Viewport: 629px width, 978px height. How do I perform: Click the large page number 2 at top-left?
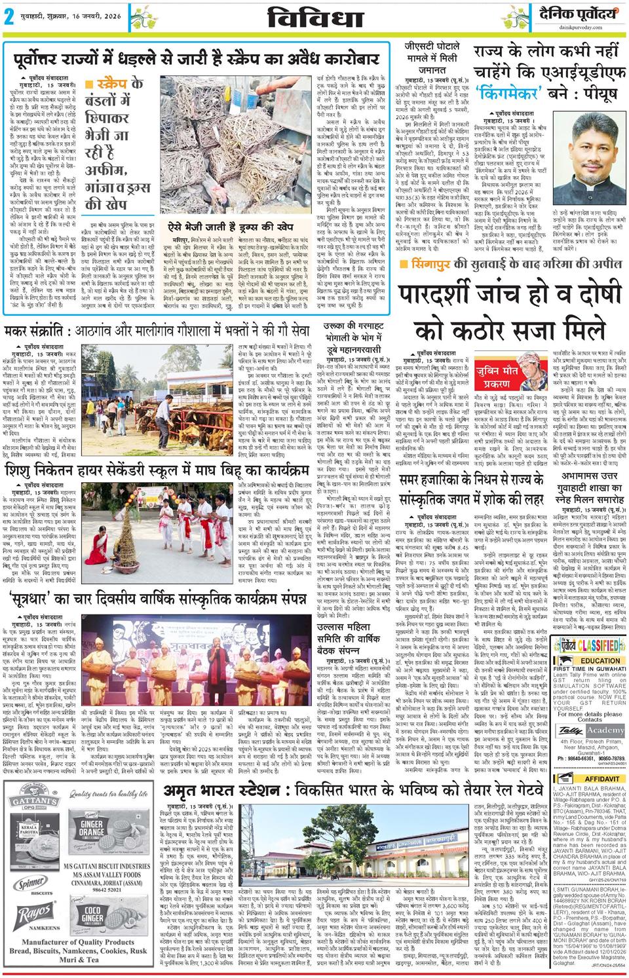pyautogui.click(x=10, y=17)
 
